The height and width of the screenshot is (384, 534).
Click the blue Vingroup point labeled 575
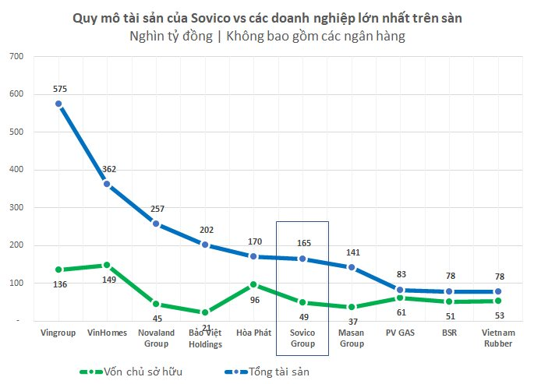[x=59, y=104]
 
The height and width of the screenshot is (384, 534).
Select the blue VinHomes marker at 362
[x=107, y=185]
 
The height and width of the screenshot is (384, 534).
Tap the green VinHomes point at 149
[x=107, y=265]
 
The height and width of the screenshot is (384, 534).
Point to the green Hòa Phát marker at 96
[x=253, y=285]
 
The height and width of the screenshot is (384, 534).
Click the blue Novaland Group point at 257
[x=156, y=224]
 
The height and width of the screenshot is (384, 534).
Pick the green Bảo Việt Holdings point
[x=205, y=312]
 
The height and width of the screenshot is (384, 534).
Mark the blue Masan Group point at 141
[x=352, y=267]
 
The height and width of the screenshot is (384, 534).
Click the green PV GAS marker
[x=401, y=298]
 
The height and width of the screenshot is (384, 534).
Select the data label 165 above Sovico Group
[x=302, y=243]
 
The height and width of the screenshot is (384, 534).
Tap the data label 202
[x=205, y=230]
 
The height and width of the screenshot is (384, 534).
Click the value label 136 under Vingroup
[x=59, y=284]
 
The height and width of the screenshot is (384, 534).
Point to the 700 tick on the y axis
[x=16, y=57]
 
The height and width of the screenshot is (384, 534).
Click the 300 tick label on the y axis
[x=16, y=208]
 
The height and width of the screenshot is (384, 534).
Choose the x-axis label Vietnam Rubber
[x=498, y=338]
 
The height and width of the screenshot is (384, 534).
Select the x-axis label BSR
[x=449, y=333]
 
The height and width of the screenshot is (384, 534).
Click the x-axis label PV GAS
[x=401, y=333]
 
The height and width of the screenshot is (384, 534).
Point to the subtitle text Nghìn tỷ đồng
[x=167, y=36]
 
